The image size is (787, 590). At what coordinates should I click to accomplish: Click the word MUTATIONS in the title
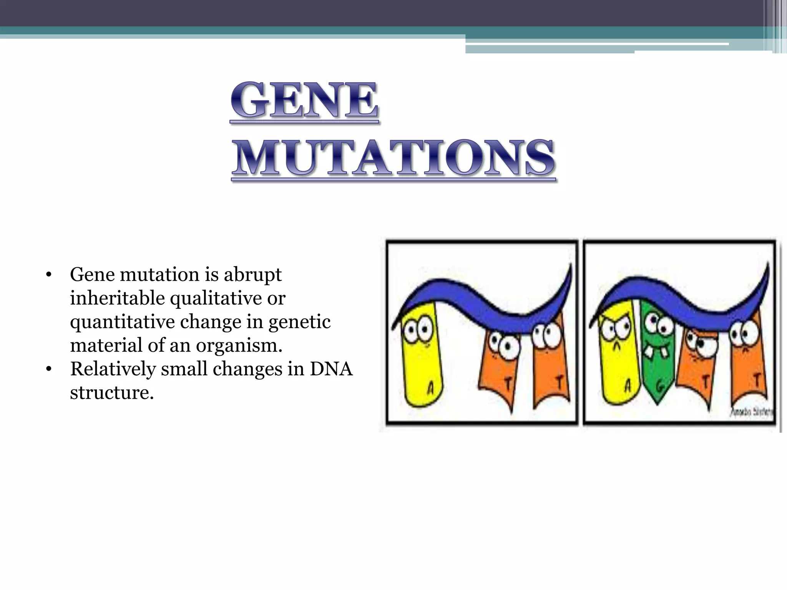pyautogui.click(x=394, y=158)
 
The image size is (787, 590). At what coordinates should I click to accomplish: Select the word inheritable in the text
pyautogui.click(x=117, y=298)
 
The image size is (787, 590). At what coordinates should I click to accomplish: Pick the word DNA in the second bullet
pyautogui.click(x=331, y=369)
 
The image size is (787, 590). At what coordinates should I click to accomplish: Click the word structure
pyautogui.click(x=111, y=393)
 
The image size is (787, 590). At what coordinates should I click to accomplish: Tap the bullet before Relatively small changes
pyautogui.click(x=48, y=370)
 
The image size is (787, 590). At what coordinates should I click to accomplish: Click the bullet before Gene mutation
pyautogui.click(x=48, y=275)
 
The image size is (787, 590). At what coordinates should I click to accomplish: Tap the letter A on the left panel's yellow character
pyautogui.click(x=430, y=388)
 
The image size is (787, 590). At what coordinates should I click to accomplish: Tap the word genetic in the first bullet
pyautogui.click(x=299, y=322)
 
